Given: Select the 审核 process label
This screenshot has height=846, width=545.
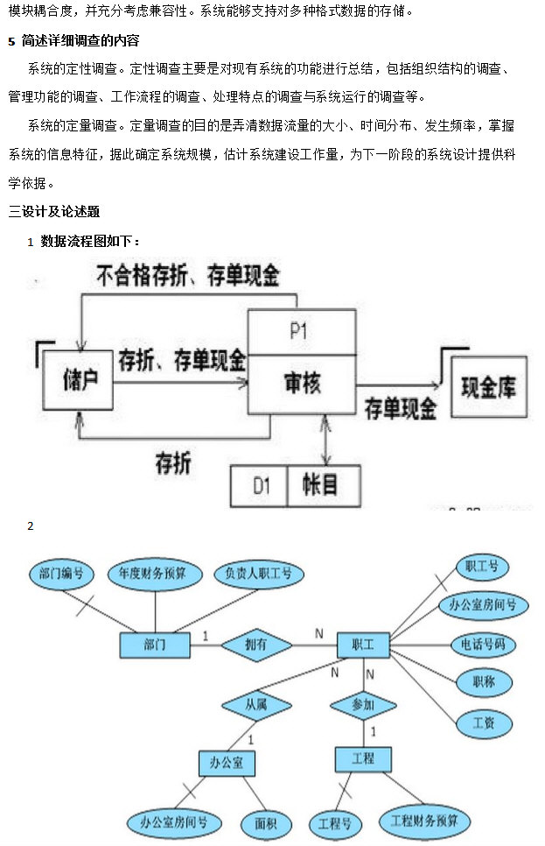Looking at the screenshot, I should pos(302,383).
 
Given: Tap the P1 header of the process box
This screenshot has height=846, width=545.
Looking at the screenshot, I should pos(302,332).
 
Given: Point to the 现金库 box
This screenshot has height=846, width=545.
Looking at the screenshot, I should pos(489,386).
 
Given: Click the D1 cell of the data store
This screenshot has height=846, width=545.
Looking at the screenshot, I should pos(258,484).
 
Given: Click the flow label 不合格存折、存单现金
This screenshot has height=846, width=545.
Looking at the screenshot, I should pos(187,277).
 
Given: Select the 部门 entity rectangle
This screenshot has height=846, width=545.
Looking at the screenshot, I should pos(154,645).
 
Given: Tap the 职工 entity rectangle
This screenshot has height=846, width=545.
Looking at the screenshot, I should pos(363,645).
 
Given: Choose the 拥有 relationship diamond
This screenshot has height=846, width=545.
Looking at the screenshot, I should pos(256,645).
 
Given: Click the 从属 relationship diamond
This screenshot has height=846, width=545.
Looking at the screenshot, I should pos(256,704).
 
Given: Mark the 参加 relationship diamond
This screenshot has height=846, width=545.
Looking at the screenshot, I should pos(363,704).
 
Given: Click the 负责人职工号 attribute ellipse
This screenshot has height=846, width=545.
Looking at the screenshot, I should pos(258,575).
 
